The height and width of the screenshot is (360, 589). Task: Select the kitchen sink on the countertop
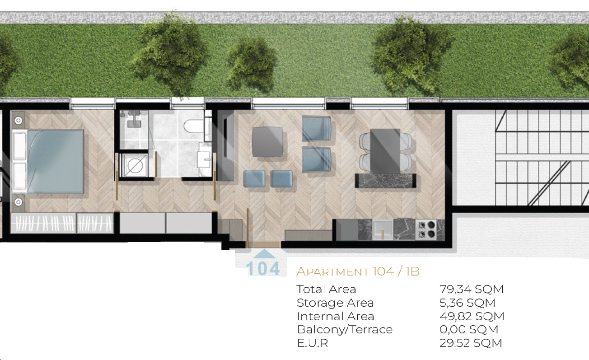pyautogui.click(x=383, y=230)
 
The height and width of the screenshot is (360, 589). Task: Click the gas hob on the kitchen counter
pyautogui.click(x=426, y=229)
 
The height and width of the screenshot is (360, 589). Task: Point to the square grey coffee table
pyautogui.click(x=267, y=142)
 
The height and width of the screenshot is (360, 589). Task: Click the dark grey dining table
pyautogui.click(x=385, y=151)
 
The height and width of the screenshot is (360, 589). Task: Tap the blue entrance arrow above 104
pyautogui.click(x=264, y=254)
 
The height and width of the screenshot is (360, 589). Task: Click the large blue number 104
pyautogui.click(x=263, y=268)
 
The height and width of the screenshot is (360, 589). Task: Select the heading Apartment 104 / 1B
pyautogui.click(x=358, y=271)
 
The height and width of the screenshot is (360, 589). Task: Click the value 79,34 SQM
pyautogui.click(x=472, y=289)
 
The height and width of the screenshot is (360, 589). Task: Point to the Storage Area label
pyautogui.click(x=335, y=303)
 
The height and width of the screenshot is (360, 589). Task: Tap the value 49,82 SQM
pyautogui.click(x=472, y=316)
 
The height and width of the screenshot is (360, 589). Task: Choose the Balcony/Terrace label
pyautogui.click(x=345, y=329)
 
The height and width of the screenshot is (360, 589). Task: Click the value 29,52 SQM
pyautogui.click(x=471, y=343)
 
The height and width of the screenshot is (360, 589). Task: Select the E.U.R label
pyautogui.click(x=313, y=343)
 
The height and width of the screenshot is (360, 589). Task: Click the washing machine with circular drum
pyautogui.click(x=134, y=165)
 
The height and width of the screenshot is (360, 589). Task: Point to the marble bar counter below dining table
pyautogui.click(x=385, y=181)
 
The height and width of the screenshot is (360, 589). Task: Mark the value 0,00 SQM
pyautogui.click(x=469, y=329)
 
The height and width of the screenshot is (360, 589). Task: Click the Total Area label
pyautogui.click(x=326, y=289)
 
